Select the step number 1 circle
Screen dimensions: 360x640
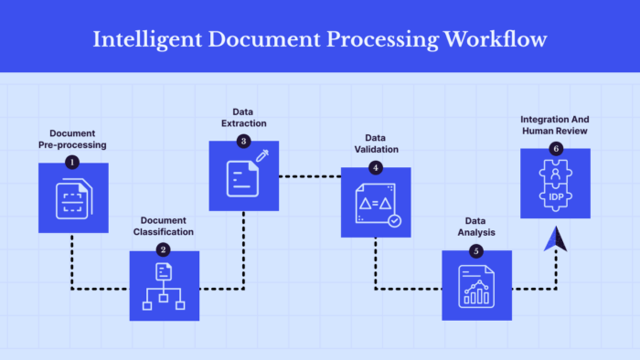click(x=72, y=162)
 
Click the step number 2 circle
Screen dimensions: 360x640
click(x=163, y=249)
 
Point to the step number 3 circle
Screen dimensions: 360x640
click(x=243, y=141)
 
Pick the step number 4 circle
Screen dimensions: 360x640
click(x=375, y=167)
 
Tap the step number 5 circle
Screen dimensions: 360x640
click(x=475, y=250)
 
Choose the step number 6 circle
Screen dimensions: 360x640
click(x=555, y=149)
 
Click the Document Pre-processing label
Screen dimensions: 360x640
click(x=72, y=139)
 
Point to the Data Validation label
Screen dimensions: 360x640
click(x=376, y=144)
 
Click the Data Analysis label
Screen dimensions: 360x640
click(x=475, y=226)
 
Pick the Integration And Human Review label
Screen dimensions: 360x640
click(x=554, y=125)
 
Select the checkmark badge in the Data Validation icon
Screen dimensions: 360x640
click(x=394, y=220)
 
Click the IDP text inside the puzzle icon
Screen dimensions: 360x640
click(x=555, y=196)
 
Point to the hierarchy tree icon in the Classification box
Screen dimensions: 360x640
click(x=164, y=291)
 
